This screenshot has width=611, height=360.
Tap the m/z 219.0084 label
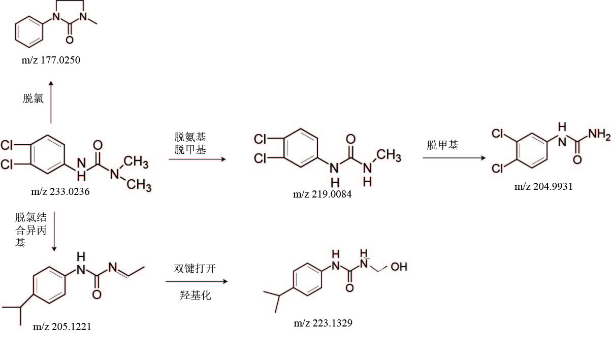(x=322, y=194)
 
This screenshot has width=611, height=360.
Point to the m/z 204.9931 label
(x=543, y=186)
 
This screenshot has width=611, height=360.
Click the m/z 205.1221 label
(x=62, y=326)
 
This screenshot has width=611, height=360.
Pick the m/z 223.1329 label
(x=323, y=323)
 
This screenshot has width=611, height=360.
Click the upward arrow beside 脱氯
(x=51, y=101)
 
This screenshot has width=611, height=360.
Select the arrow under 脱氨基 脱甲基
(x=197, y=159)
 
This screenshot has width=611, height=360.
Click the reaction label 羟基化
(x=196, y=294)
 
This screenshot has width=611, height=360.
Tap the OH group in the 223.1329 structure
(x=399, y=266)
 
